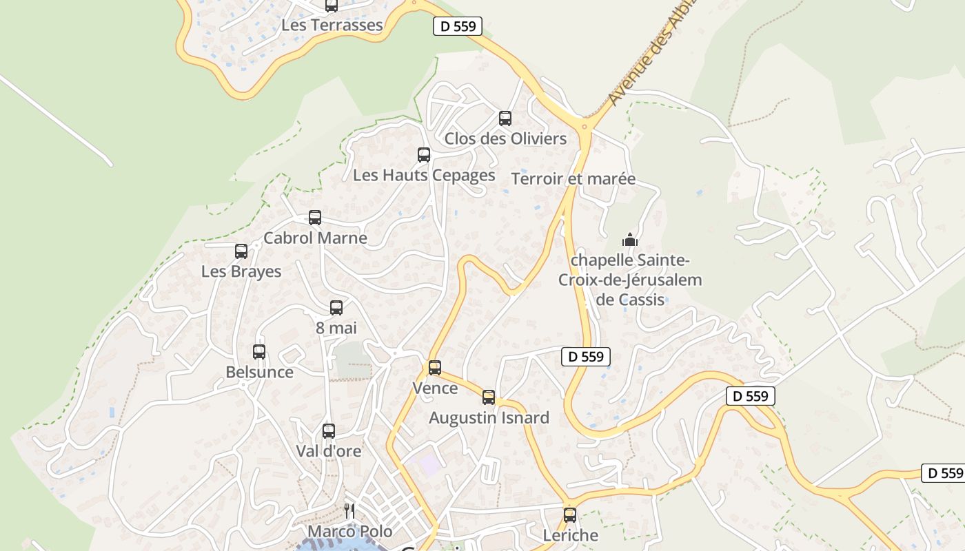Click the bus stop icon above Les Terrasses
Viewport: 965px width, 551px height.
332,6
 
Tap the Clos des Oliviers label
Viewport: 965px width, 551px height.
505,138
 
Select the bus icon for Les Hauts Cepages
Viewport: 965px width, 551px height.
424,155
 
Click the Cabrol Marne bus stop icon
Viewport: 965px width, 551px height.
315,218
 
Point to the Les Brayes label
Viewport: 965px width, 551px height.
241,271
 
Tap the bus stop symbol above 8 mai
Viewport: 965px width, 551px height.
336,308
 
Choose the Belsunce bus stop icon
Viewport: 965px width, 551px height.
259,352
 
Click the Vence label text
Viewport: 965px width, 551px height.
435,388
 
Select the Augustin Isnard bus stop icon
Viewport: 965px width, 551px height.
489,397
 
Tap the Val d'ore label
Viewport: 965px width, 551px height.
329,451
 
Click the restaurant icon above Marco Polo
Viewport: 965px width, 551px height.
349,510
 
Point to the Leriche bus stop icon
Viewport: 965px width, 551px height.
570,514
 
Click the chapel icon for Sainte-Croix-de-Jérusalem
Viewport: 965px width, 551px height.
630,240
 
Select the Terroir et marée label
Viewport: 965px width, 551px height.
573,179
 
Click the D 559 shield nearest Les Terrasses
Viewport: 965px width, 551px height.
458,26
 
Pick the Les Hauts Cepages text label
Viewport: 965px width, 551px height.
424,175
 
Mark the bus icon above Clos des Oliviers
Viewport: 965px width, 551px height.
505,118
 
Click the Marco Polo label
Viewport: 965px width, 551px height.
349,531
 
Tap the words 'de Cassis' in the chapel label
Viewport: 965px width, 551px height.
630,300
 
